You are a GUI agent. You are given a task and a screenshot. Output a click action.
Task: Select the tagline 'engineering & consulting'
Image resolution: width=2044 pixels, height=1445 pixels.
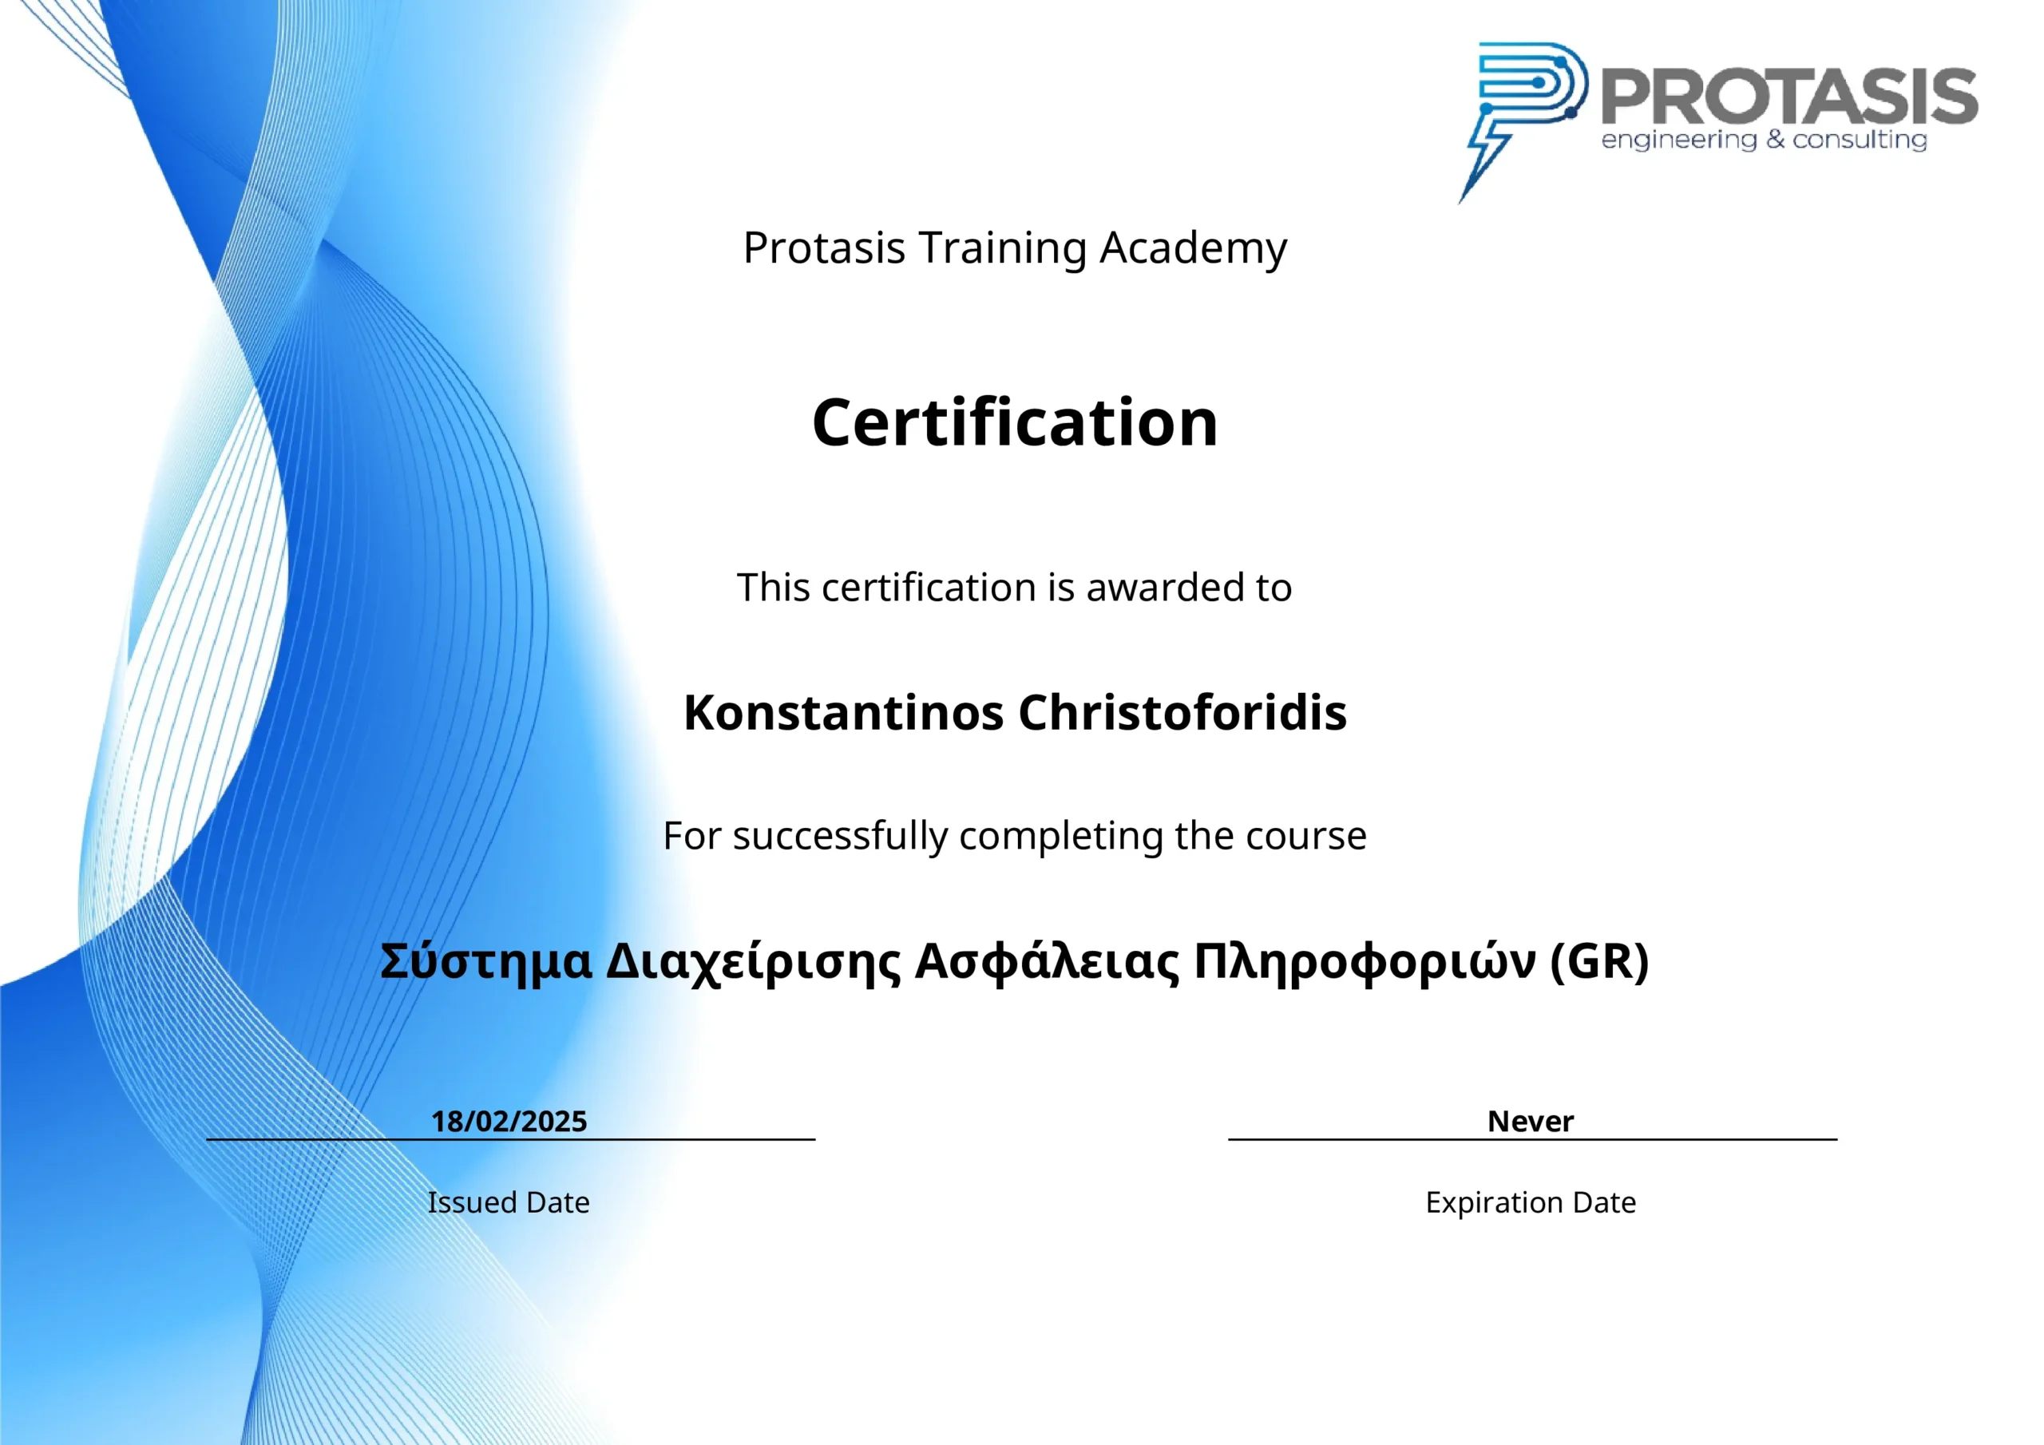coord(1764,141)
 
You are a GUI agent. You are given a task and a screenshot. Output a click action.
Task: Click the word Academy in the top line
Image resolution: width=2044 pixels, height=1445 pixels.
coord(1193,248)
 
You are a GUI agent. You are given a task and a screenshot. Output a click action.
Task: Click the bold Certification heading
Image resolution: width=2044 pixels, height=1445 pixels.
coord(1015,422)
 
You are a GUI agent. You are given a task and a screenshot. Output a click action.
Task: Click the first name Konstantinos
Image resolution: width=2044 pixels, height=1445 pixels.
coord(844,712)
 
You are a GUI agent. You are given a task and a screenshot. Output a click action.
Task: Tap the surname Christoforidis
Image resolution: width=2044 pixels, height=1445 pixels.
coord(1182,712)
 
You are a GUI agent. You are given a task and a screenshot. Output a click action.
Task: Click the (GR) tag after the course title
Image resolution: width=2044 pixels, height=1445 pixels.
coord(1600,961)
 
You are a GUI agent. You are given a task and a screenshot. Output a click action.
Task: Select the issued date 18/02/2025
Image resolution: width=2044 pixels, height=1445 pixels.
coord(509,1121)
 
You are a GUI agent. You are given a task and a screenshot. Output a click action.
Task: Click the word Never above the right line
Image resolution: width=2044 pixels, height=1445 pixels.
coord(1531,1121)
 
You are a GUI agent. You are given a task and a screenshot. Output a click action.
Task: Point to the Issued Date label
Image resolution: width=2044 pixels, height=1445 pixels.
coord(509,1203)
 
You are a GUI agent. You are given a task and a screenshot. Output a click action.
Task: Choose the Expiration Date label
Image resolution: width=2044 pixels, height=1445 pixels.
coord(1531,1203)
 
